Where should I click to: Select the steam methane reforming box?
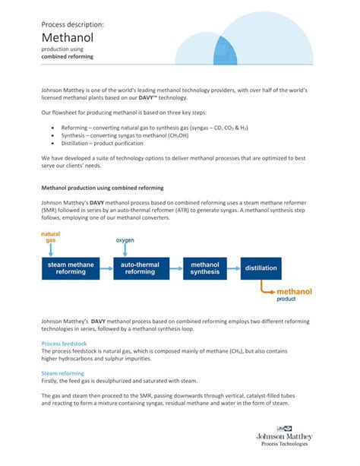click(71, 268)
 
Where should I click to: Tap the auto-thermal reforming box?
click(140, 268)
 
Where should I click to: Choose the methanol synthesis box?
click(204, 268)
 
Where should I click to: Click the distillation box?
click(261, 268)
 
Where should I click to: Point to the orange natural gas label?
click(50, 236)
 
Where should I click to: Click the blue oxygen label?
click(125, 240)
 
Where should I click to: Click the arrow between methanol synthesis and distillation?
click(234, 268)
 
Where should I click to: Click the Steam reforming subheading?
click(62, 373)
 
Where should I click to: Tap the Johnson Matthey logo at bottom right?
click(284, 436)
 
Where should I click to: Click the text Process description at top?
click(73, 24)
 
